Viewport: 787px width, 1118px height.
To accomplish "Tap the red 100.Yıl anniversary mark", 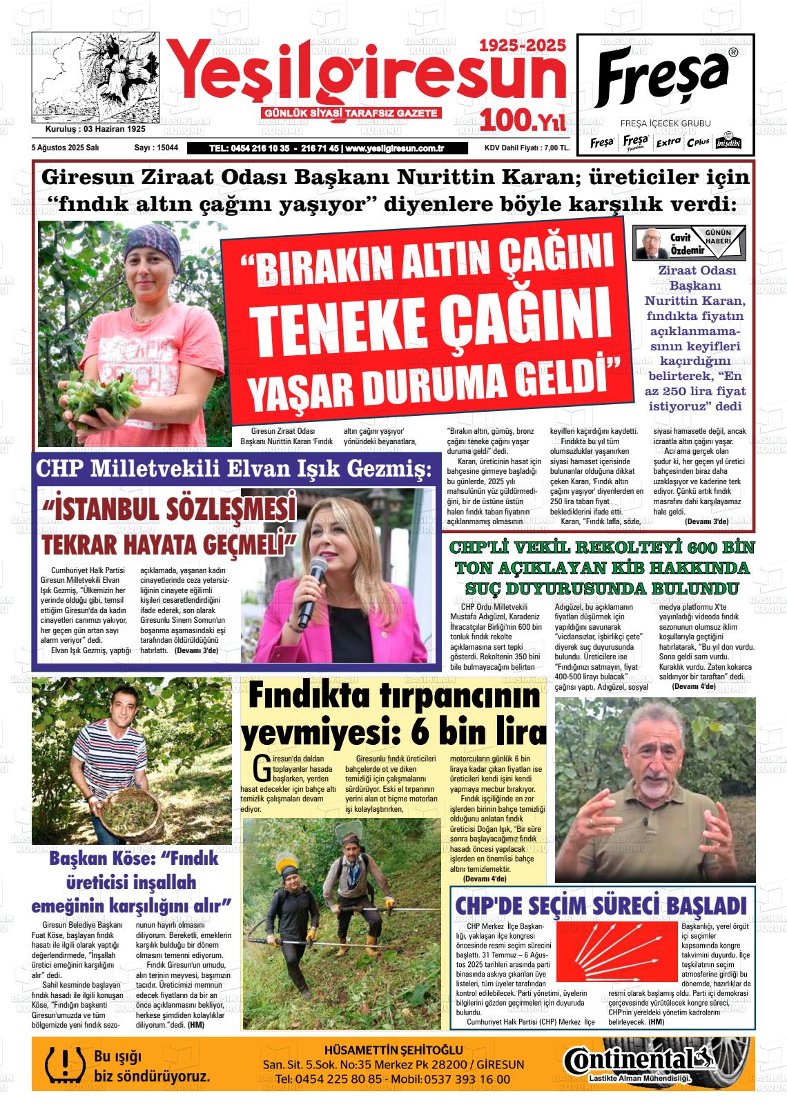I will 523,121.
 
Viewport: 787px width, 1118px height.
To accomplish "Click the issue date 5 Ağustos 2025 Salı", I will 66,148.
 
